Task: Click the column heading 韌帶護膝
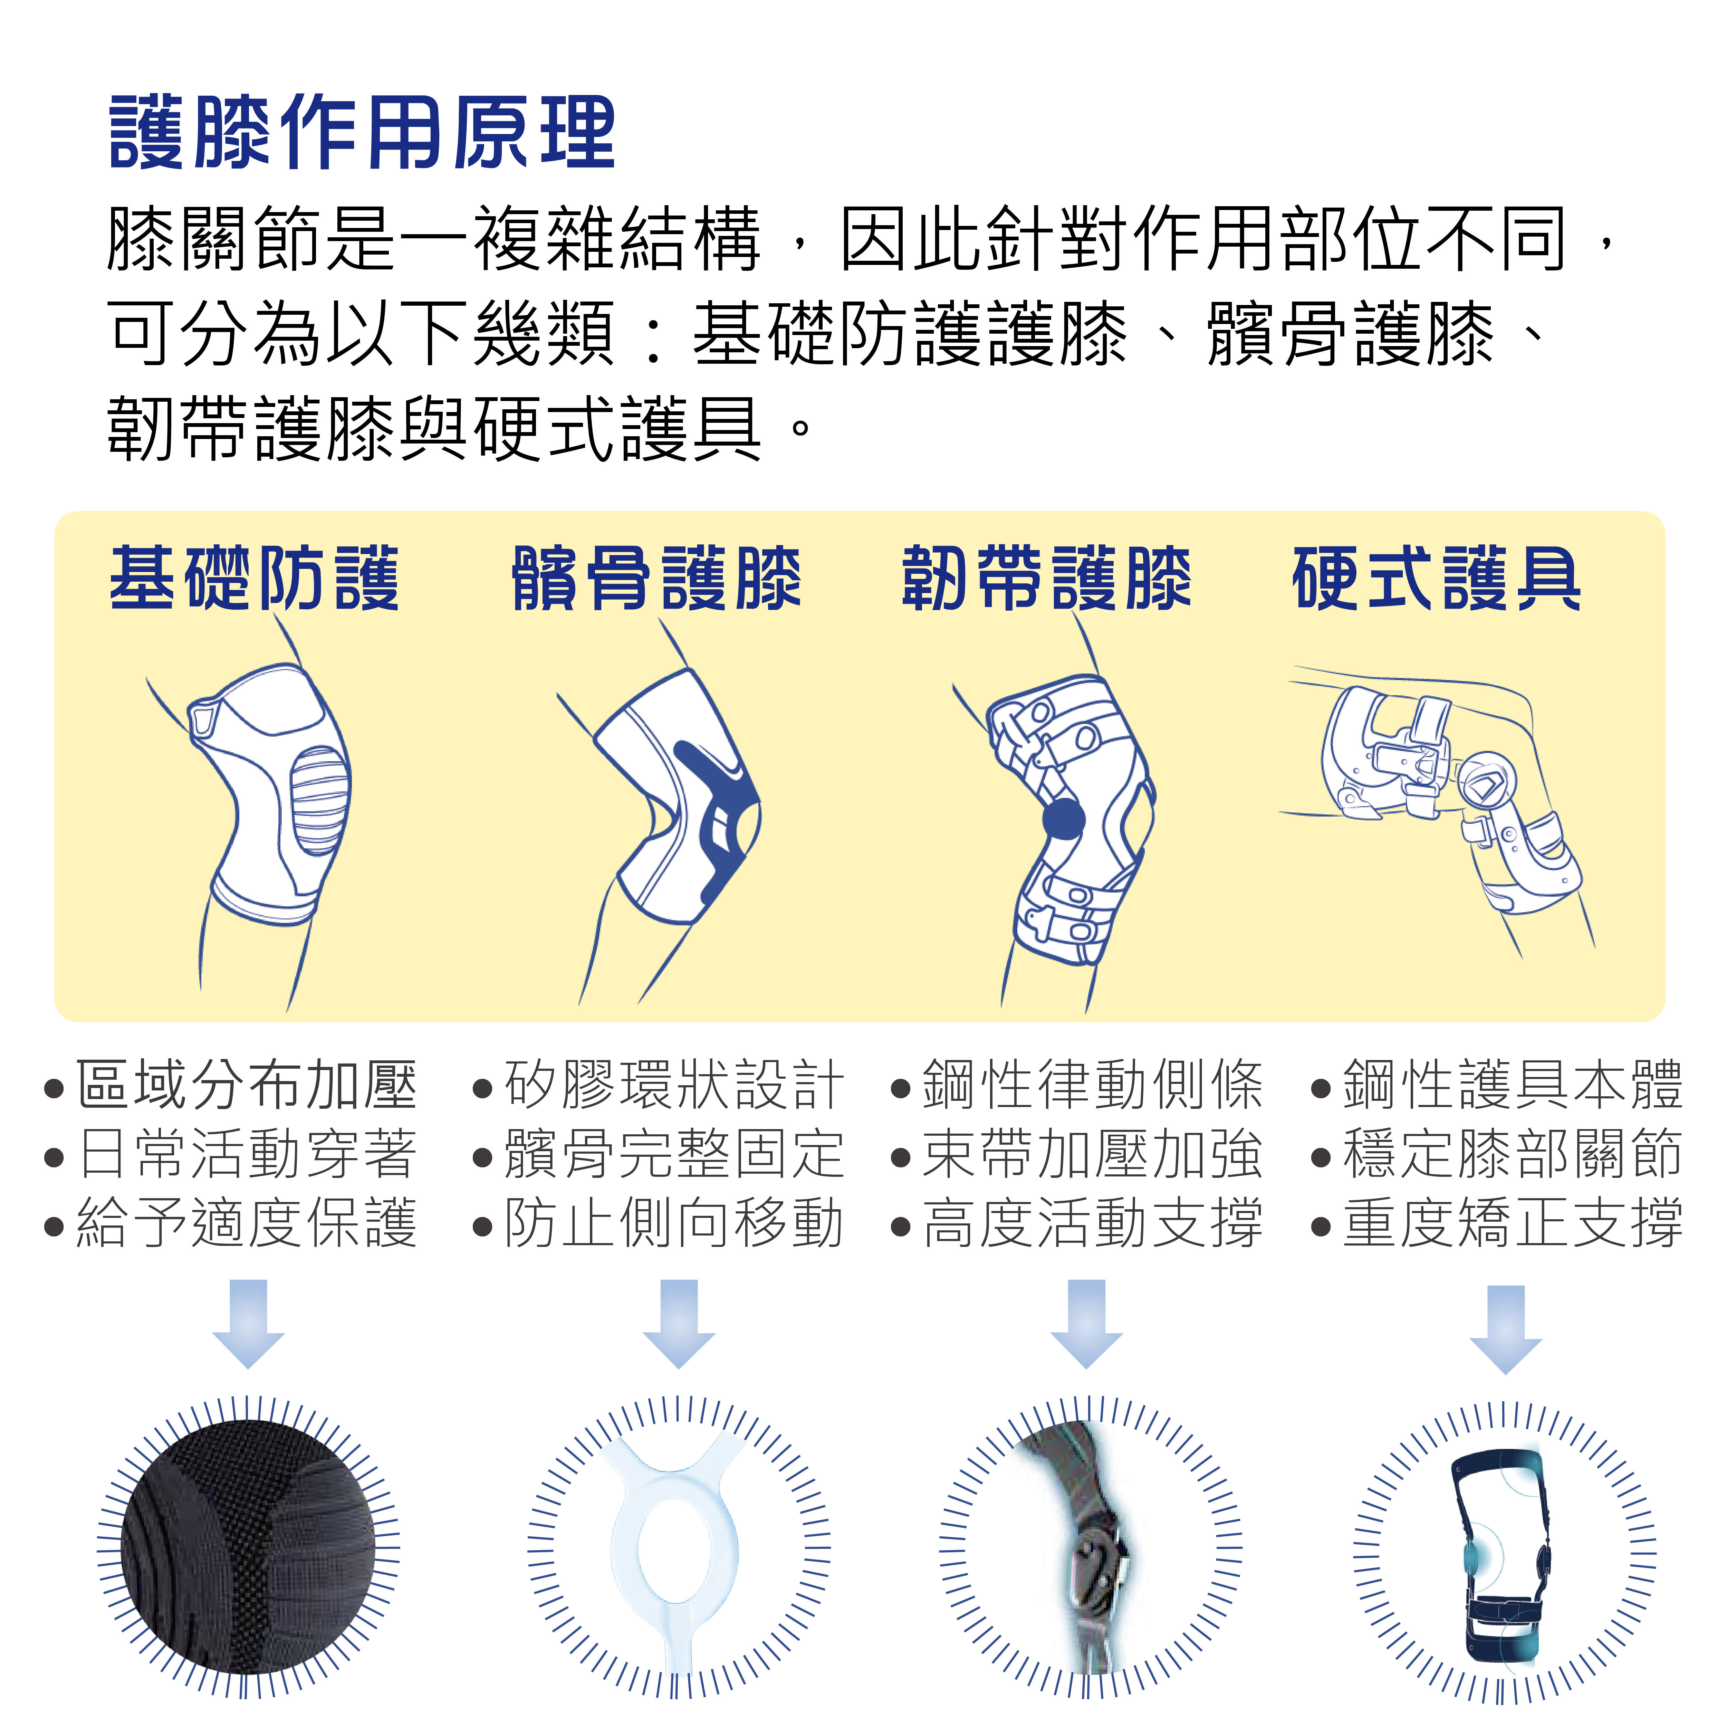point(1046,579)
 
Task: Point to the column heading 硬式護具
point(1437,579)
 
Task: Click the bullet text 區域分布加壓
point(246,1084)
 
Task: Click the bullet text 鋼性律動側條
point(1092,1084)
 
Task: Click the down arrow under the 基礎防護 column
point(249,1323)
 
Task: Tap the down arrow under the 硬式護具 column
point(1506,1329)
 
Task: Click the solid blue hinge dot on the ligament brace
point(1064,819)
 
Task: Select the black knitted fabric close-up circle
point(249,1546)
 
